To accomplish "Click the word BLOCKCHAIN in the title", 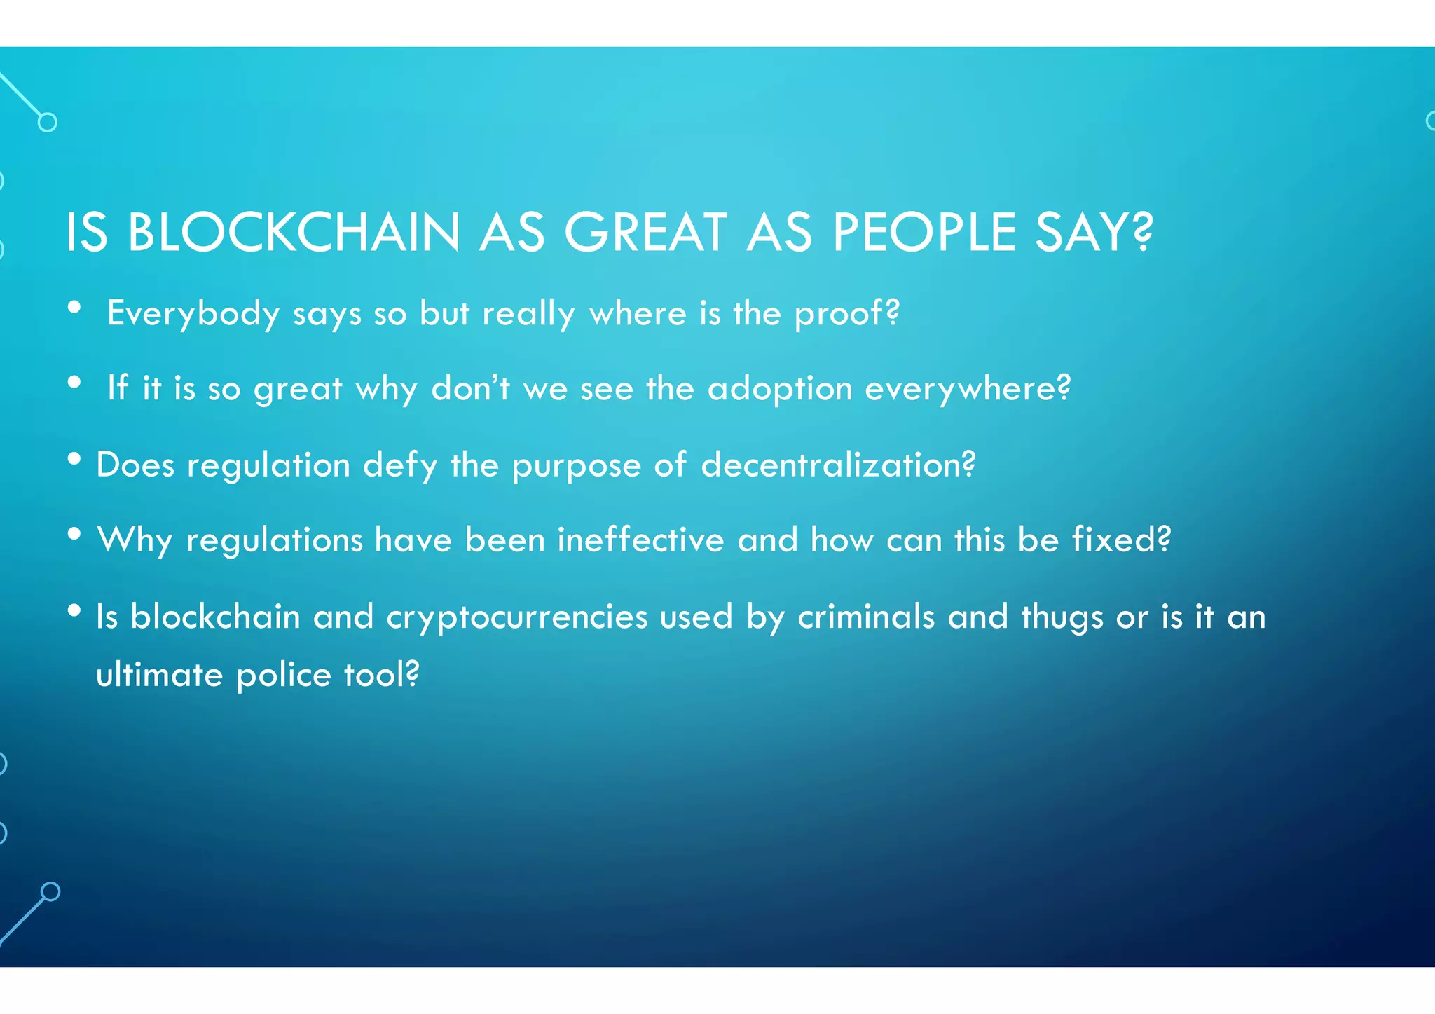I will point(294,233).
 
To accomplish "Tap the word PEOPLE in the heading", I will point(924,233).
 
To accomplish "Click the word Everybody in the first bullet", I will point(193,313).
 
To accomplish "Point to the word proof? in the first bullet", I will point(846,313).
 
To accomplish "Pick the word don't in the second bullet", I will point(470,388).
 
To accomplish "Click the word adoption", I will point(779,389).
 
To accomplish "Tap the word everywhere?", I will point(968,389).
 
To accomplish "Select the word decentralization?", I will point(838,465).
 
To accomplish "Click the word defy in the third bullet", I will point(400,465).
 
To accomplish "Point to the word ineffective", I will point(640,540).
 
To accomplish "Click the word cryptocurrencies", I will point(517,617).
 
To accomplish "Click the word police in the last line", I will point(283,676).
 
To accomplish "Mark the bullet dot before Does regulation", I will point(74,460).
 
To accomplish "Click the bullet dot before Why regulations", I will point(74,535).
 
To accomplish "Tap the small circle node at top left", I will point(48,123).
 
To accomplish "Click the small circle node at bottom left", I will point(50,891).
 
